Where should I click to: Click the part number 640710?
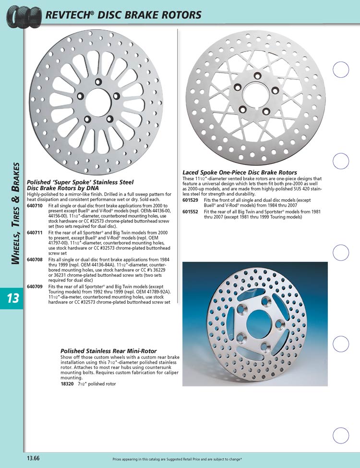pyautogui.click(x=35, y=205)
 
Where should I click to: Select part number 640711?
pyautogui.click(x=35, y=232)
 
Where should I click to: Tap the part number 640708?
pyautogui.click(x=35, y=259)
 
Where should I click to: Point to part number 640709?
pyautogui.click(x=35, y=286)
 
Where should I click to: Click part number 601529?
pyautogui.click(x=191, y=199)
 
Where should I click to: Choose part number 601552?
pyautogui.click(x=191, y=211)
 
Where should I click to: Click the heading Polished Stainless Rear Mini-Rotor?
pyautogui.click(x=108, y=351)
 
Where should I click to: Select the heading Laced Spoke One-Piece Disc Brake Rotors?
pyautogui.click(x=240, y=172)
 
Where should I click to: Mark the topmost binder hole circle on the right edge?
pyautogui.click(x=341, y=70)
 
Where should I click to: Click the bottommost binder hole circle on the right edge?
pyautogui.click(x=341, y=435)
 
